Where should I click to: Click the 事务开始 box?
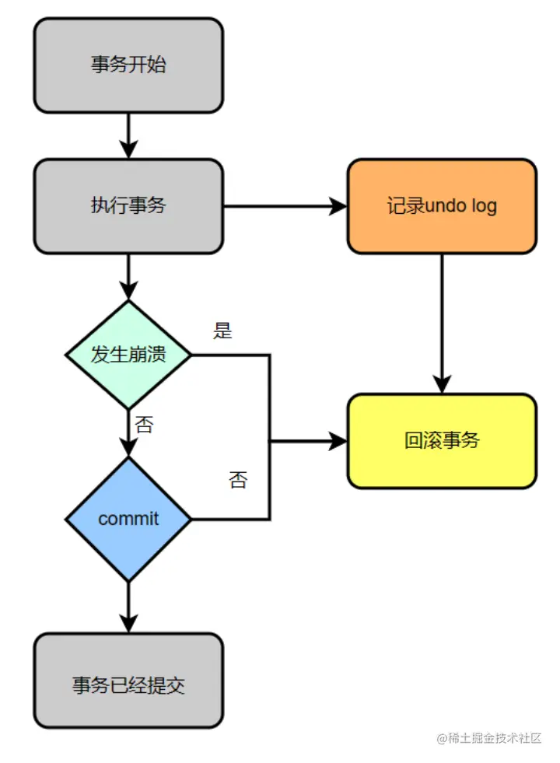pos(128,65)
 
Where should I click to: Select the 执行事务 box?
pos(128,206)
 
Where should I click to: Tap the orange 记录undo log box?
pos(442,206)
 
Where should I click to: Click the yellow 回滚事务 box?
pos(442,441)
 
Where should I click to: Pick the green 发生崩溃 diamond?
pos(128,355)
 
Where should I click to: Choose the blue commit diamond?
pos(128,519)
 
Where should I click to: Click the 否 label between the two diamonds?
pos(144,425)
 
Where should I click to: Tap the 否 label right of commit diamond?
pos(238,480)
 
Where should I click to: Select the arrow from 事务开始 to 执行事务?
pos(128,135)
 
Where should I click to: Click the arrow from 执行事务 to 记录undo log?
pos(285,206)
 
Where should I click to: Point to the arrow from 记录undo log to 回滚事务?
pos(442,323)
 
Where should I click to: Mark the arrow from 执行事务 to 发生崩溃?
pos(128,277)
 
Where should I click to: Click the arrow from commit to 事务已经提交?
pos(128,607)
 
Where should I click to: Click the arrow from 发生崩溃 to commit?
pos(128,432)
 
